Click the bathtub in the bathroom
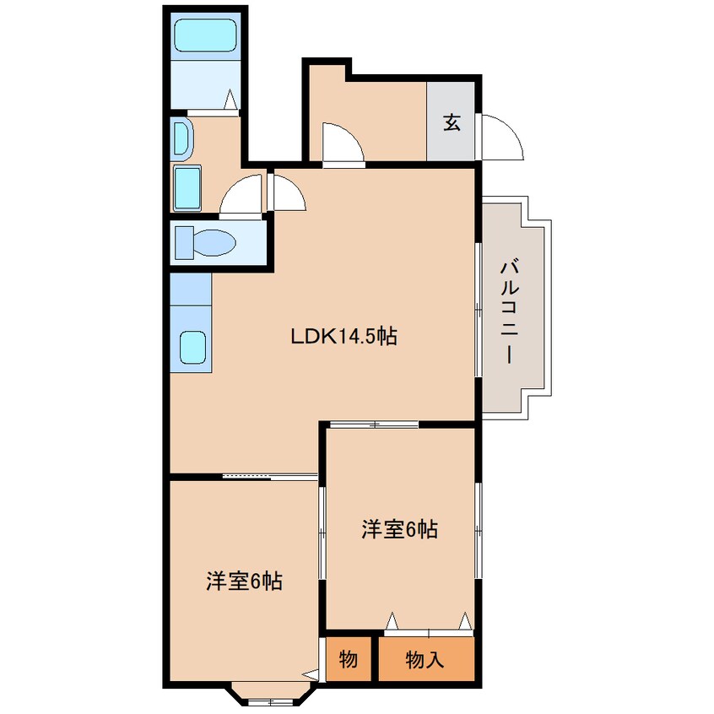click(x=207, y=35)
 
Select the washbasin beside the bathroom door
click(x=183, y=140)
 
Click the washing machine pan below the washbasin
click(x=187, y=188)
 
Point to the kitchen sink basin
click(x=192, y=348)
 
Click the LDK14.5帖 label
click(x=343, y=337)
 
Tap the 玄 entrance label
click(x=452, y=122)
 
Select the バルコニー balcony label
click(x=510, y=311)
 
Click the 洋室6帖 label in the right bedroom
click(x=400, y=529)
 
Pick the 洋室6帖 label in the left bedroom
click(x=244, y=581)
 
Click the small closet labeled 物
click(x=349, y=659)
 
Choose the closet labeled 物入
click(x=426, y=659)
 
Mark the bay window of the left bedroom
click(x=273, y=695)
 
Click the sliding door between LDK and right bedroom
click(x=374, y=425)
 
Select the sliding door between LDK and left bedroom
click(x=270, y=477)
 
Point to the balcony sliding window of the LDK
click(x=479, y=310)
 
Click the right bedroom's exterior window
click(x=479, y=531)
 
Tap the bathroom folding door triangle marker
click(x=230, y=100)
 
